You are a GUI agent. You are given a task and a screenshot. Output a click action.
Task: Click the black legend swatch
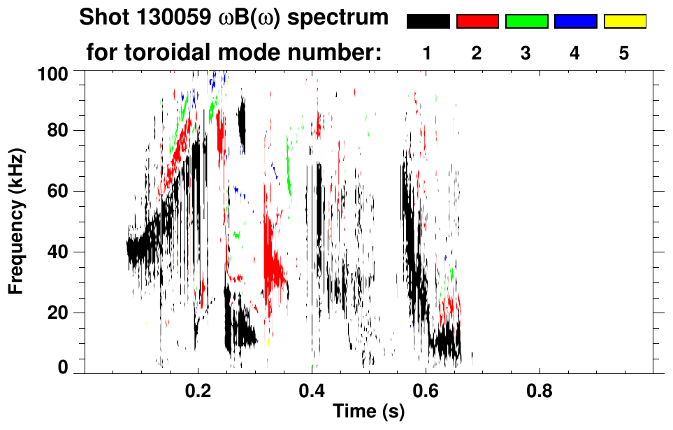tap(428, 22)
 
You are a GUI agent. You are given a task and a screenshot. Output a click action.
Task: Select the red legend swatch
tap(477, 22)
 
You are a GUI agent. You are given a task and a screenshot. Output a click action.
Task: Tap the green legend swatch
tap(526, 22)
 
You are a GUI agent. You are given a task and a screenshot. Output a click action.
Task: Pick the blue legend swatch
tap(575, 22)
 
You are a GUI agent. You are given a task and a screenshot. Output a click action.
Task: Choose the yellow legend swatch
tap(625, 22)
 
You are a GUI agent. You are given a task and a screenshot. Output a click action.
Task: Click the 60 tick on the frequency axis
tap(64, 191)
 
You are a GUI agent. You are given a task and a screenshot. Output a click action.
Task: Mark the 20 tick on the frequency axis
tap(64, 313)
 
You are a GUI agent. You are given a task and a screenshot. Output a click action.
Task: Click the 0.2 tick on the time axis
tap(198, 387)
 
